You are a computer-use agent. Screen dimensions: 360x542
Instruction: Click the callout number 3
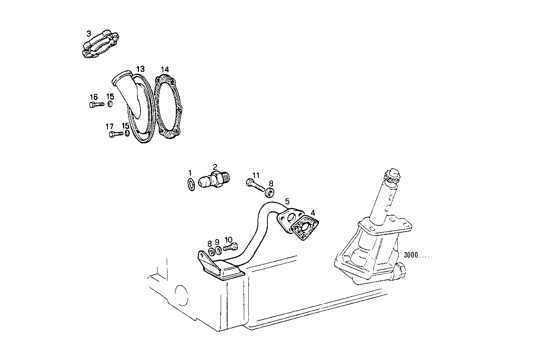point(88,33)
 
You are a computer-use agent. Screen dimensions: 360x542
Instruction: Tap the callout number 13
point(140,69)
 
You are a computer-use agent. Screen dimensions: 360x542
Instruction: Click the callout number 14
point(164,70)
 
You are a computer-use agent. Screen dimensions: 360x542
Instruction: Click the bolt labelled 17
point(116,134)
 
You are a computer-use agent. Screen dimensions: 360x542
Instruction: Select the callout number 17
point(109,126)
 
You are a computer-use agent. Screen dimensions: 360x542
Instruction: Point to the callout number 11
point(256,175)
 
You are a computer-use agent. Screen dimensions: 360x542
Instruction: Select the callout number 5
point(288,201)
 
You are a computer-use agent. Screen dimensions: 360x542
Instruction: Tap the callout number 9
point(217,242)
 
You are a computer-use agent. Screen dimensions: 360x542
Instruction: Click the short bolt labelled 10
point(231,248)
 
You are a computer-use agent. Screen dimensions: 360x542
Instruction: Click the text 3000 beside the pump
point(411,255)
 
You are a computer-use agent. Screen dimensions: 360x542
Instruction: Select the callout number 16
point(93,97)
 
